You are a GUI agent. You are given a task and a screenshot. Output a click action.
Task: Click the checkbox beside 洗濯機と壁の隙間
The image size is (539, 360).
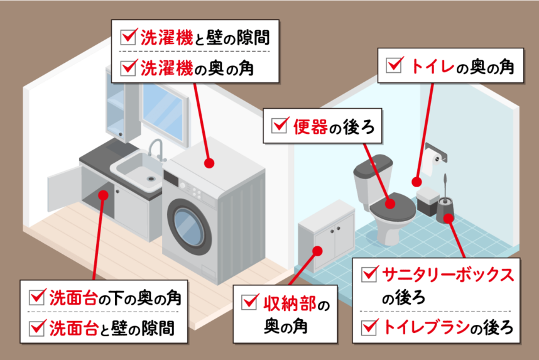point(129,37)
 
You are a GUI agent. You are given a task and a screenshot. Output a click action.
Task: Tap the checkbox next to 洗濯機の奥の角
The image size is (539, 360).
point(129,66)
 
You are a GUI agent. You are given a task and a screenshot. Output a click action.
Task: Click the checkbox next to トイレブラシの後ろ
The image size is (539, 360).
point(371,326)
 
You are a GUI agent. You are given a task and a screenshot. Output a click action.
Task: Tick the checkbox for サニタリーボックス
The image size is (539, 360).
point(371,275)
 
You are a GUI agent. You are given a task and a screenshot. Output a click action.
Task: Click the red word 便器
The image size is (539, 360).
point(308,126)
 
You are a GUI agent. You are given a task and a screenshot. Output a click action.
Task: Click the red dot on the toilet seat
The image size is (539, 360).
point(389,204)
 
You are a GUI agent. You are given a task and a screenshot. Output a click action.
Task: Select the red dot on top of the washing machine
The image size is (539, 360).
point(209,163)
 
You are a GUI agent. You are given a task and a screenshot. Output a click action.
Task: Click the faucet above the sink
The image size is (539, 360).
point(155,149)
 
